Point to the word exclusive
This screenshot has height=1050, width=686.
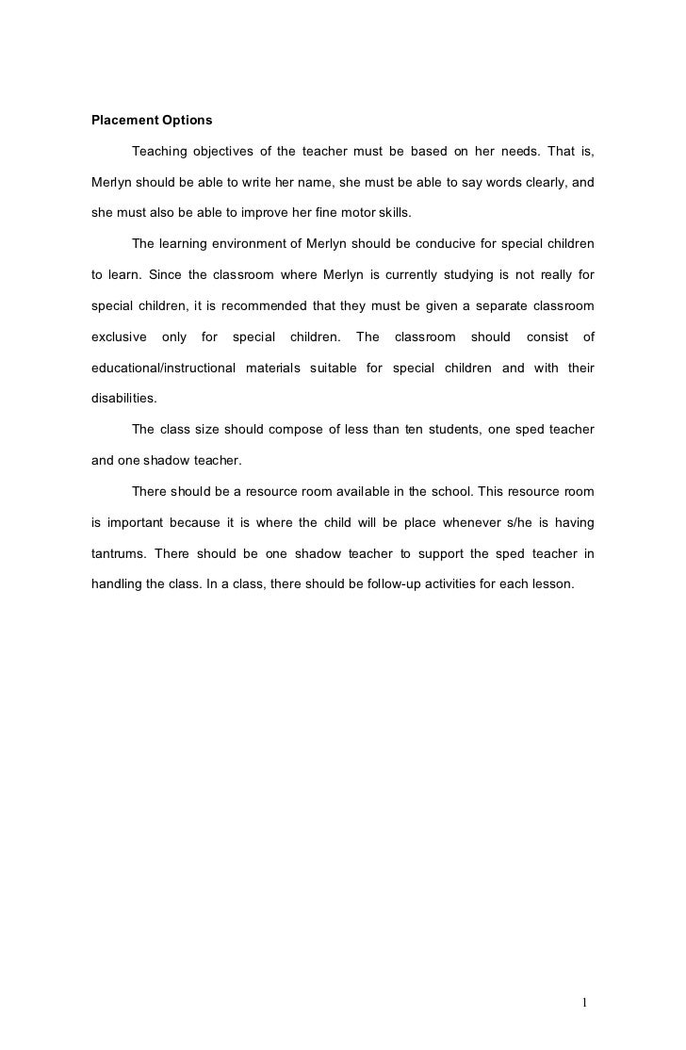click(118, 336)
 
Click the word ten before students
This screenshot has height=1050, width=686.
click(414, 430)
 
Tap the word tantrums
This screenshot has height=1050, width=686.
click(119, 553)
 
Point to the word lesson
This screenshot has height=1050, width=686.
click(551, 584)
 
